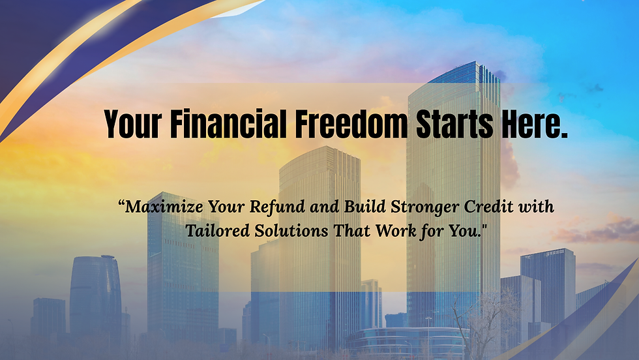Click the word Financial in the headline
pyautogui.click(x=228, y=124)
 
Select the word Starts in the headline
pyautogui.click(x=452, y=124)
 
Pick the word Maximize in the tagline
pyautogui.click(x=164, y=208)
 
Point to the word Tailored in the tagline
pyautogui.click(x=213, y=230)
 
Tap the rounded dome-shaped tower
pyautogui.click(x=95, y=293)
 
